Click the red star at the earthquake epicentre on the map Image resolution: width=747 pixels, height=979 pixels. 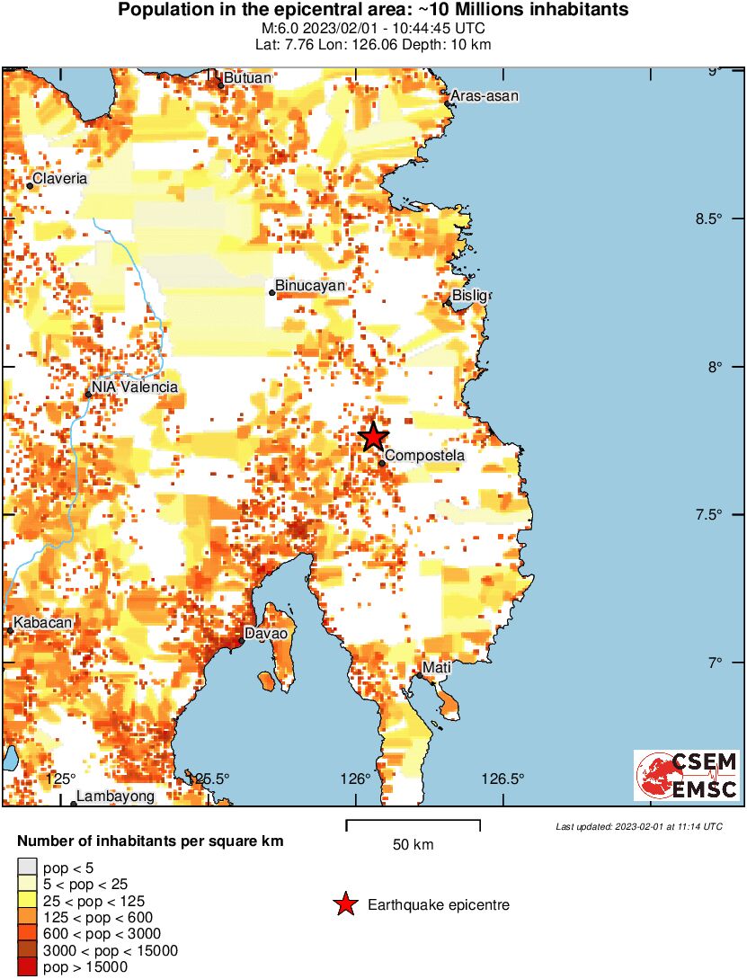pos(373,437)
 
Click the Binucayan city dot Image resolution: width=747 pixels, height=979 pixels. pos(272,292)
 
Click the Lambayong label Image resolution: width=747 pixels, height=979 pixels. pos(115,797)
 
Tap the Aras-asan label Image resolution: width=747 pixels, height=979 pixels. pos(485,96)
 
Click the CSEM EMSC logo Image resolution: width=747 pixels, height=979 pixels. pos(686,776)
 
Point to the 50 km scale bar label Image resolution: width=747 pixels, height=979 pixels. pos(414,845)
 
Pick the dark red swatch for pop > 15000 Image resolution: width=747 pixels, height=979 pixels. pos(28,967)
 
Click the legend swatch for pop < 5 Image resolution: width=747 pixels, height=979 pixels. pos(28,868)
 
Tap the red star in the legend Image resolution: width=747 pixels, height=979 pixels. pos(345,905)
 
